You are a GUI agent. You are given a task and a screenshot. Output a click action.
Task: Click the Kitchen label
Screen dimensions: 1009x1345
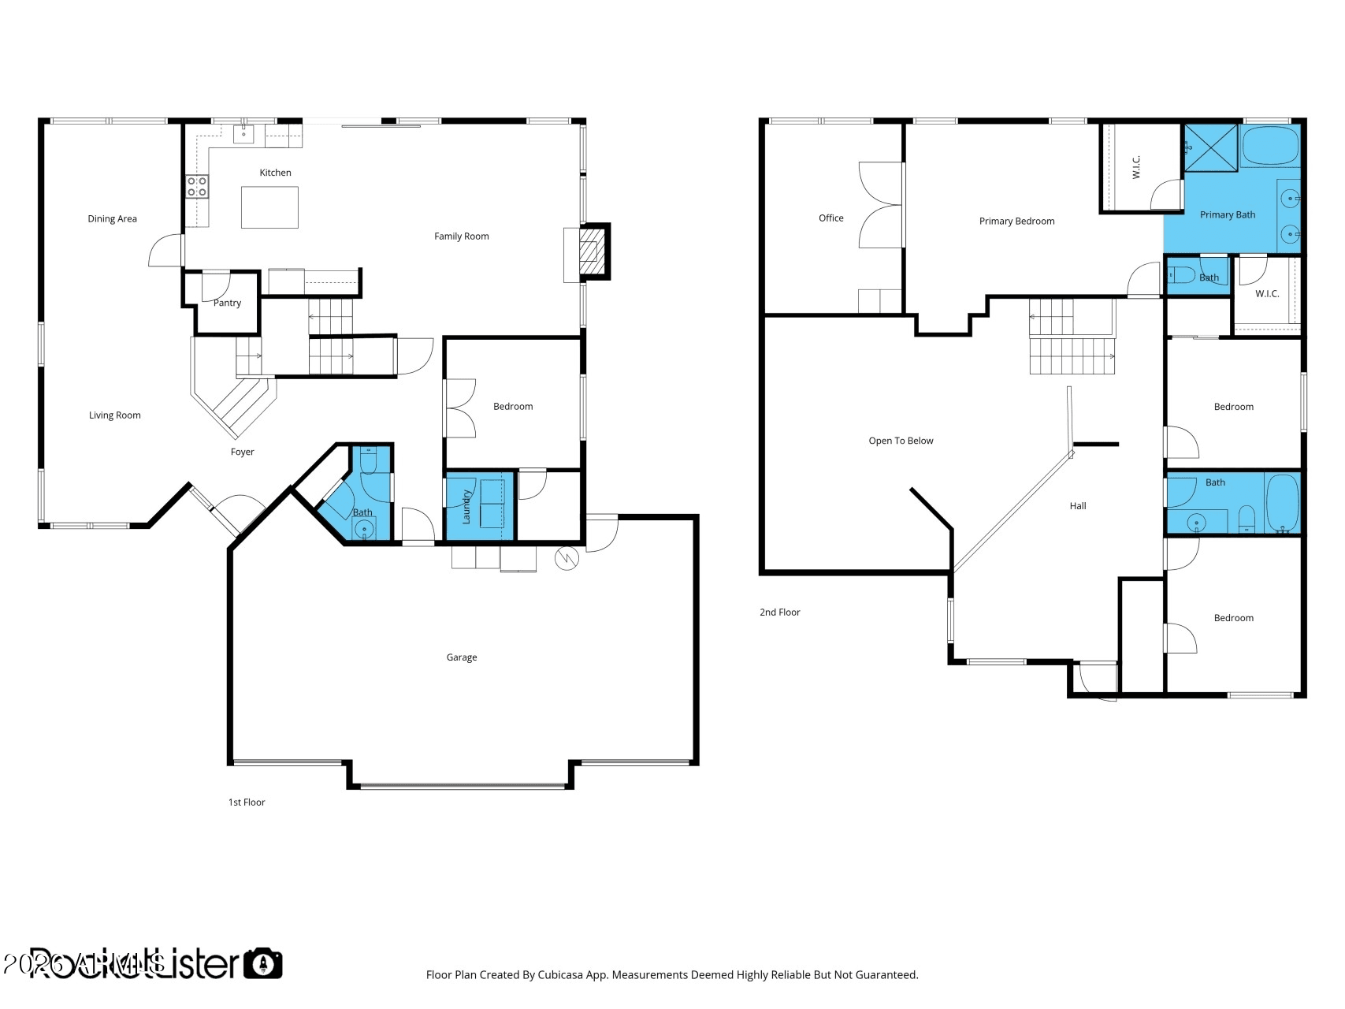click(x=275, y=173)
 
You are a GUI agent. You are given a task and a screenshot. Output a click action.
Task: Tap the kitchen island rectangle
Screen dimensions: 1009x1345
click(x=269, y=207)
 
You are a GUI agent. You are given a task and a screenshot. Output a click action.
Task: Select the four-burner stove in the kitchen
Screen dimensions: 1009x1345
click(x=197, y=187)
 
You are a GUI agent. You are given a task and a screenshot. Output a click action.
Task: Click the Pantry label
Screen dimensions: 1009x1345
click(x=227, y=303)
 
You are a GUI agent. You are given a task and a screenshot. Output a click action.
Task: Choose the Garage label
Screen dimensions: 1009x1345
click(x=461, y=657)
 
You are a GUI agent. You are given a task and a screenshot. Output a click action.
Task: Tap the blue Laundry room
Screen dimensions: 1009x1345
click(x=479, y=506)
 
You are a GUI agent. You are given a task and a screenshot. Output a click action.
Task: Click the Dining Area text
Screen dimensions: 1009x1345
click(x=112, y=219)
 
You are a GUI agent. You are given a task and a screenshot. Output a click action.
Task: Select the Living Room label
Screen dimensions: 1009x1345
click(x=114, y=415)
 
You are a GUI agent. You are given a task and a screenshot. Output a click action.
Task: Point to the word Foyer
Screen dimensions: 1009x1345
click(x=242, y=452)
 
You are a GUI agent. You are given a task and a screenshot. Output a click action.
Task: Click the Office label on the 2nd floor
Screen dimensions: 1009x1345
click(x=830, y=218)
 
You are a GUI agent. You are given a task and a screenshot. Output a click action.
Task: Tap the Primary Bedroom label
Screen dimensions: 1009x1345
click(x=1016, y=222)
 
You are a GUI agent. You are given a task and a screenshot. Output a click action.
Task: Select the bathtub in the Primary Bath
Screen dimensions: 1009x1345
click(x=1269, y=147)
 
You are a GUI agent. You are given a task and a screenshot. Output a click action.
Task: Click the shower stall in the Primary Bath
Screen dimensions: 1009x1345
click(x=1211, y=147)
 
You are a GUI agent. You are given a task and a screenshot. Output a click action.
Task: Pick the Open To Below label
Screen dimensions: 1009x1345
click(x=901, y=441)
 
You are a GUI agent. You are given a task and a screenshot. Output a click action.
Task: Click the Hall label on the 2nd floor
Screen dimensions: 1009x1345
click(x=1077, y=506)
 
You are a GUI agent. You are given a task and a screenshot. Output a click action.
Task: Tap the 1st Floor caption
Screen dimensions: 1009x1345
click(x=247, y=802)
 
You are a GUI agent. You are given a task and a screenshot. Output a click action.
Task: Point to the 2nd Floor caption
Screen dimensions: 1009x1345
click(x=779, y=612)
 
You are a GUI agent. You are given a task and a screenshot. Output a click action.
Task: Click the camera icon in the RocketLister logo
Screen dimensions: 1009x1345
click(x=262, y=963)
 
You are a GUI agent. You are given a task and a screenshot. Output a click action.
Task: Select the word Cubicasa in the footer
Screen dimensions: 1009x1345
click(x=559, y=975)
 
